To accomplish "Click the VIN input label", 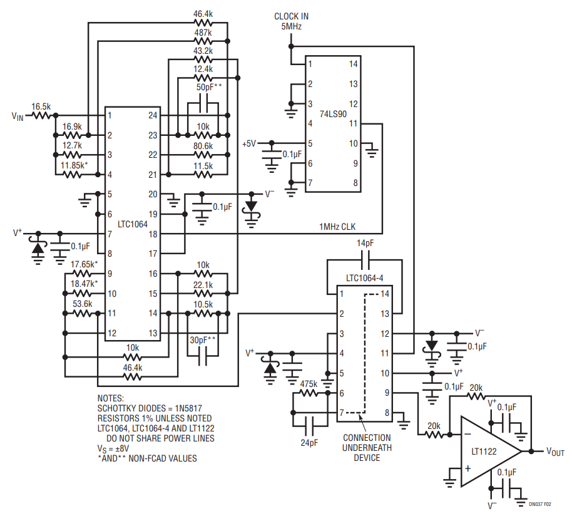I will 17,116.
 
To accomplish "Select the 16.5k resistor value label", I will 41,106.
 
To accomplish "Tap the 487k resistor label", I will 203,33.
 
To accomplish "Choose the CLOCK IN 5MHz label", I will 291,21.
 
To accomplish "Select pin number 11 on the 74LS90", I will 354,123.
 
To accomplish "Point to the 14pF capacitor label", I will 366,243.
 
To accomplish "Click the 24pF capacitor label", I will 309,442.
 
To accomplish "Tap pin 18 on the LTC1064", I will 153,234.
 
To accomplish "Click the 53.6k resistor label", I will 82,304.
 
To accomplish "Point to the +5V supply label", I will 249,143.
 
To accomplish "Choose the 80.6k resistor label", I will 203,146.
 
